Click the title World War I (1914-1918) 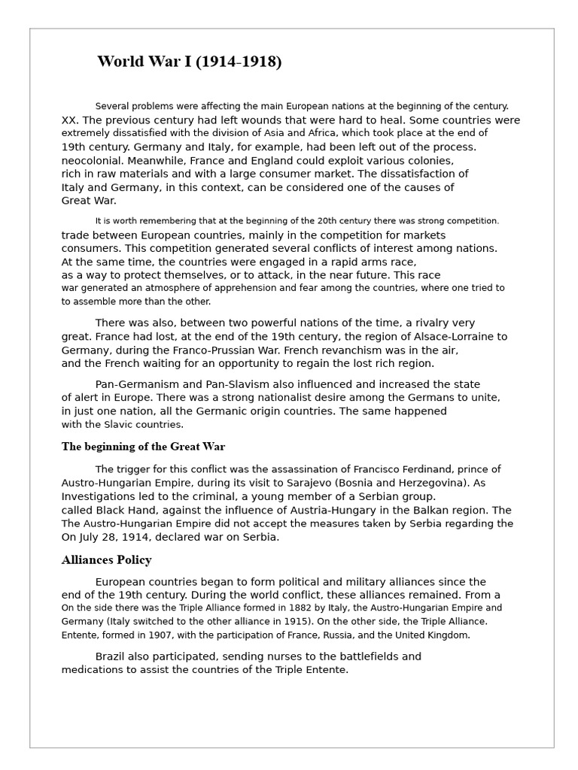tap(189, 62)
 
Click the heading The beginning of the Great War tap(143, 447)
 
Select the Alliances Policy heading tap(106, 559)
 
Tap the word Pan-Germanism tap(140, 384)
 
